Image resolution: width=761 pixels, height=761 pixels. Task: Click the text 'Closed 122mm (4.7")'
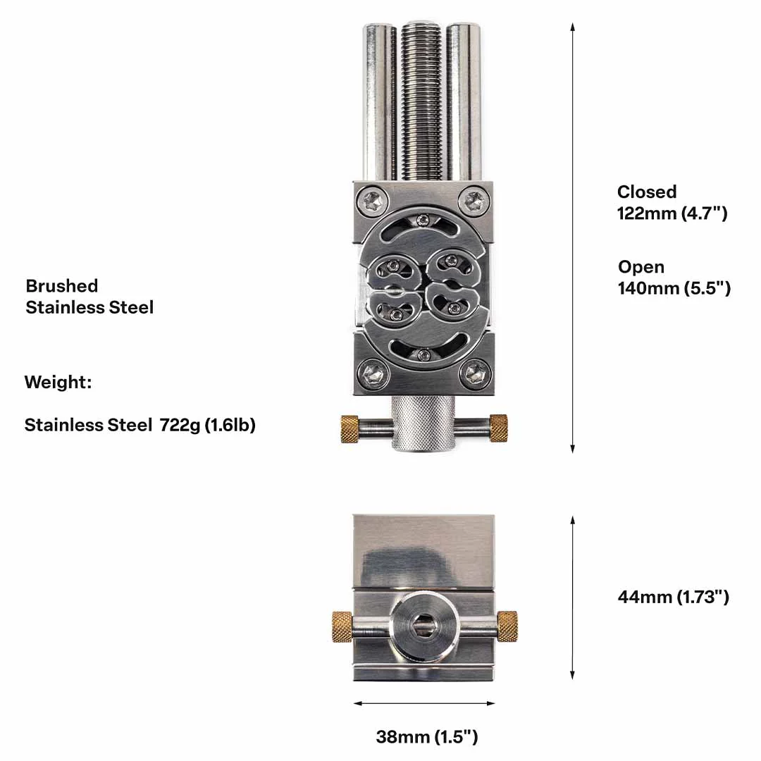pos(672,202)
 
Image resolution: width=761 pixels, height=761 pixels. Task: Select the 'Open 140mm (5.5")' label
pos(674,278)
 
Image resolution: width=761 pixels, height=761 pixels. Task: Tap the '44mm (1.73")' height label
pos(673,597)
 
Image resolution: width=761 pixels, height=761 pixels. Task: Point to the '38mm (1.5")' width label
pos(426,737)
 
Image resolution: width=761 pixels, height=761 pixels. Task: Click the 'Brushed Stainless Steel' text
pos(89,296)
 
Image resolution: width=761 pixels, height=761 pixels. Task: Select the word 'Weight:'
pos(58,383)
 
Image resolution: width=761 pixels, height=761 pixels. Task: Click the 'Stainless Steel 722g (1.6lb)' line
pos(140,425)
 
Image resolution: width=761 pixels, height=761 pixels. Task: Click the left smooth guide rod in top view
pos(378,102)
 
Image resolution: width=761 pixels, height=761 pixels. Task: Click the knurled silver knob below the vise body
pos(423,424)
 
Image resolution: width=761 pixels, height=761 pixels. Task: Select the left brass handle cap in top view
pos(349,428)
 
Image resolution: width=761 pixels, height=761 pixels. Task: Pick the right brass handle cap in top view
pos(498,428)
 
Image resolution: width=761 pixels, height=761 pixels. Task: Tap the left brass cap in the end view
pos(342,626)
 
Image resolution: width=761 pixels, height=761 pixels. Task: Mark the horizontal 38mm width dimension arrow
pos(423,703)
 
